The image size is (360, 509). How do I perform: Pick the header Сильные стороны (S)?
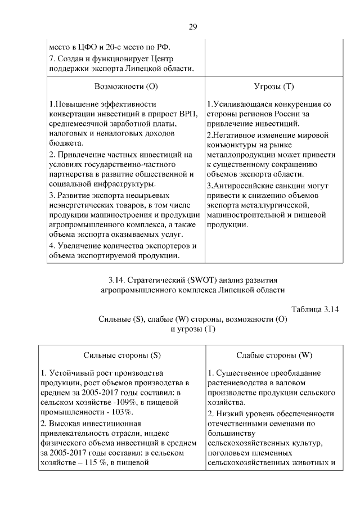pyautogui.click(x=122, y=355)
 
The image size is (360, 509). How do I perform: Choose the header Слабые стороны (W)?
pyautogui.click(x=274, y=355)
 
